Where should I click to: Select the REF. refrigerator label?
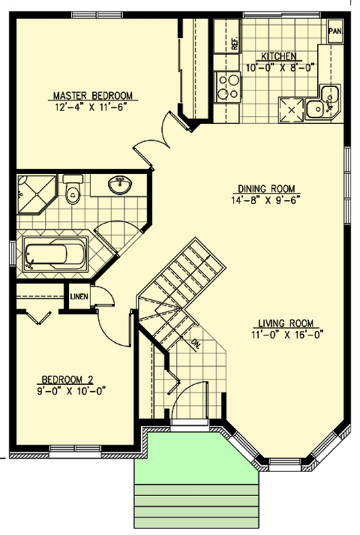[235, 44]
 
